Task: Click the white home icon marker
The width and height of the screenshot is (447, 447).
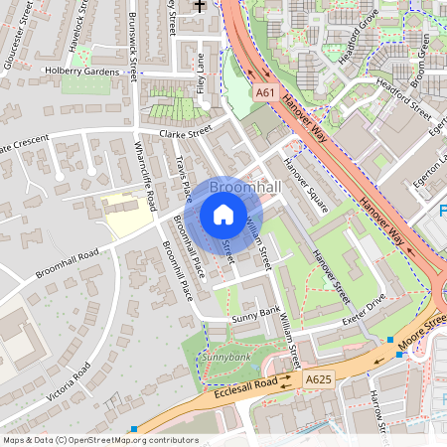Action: click(x=223, y=214)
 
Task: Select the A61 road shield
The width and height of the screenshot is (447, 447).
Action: click(x=264, y=92)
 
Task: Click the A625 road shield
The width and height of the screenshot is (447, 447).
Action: click(x=318, y=378)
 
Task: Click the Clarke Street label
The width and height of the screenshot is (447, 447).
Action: click(x=179, y=131)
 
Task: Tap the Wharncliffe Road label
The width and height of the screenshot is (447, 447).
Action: click(x=145, y=175)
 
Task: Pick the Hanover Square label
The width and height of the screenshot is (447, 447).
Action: click(x=304, y=186)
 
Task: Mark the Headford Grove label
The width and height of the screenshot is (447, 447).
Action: click(x=358, y=42)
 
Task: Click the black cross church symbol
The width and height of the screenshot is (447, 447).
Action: click(x=199, y=6)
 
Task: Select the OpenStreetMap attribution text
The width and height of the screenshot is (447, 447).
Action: click(x=99, y=440)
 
